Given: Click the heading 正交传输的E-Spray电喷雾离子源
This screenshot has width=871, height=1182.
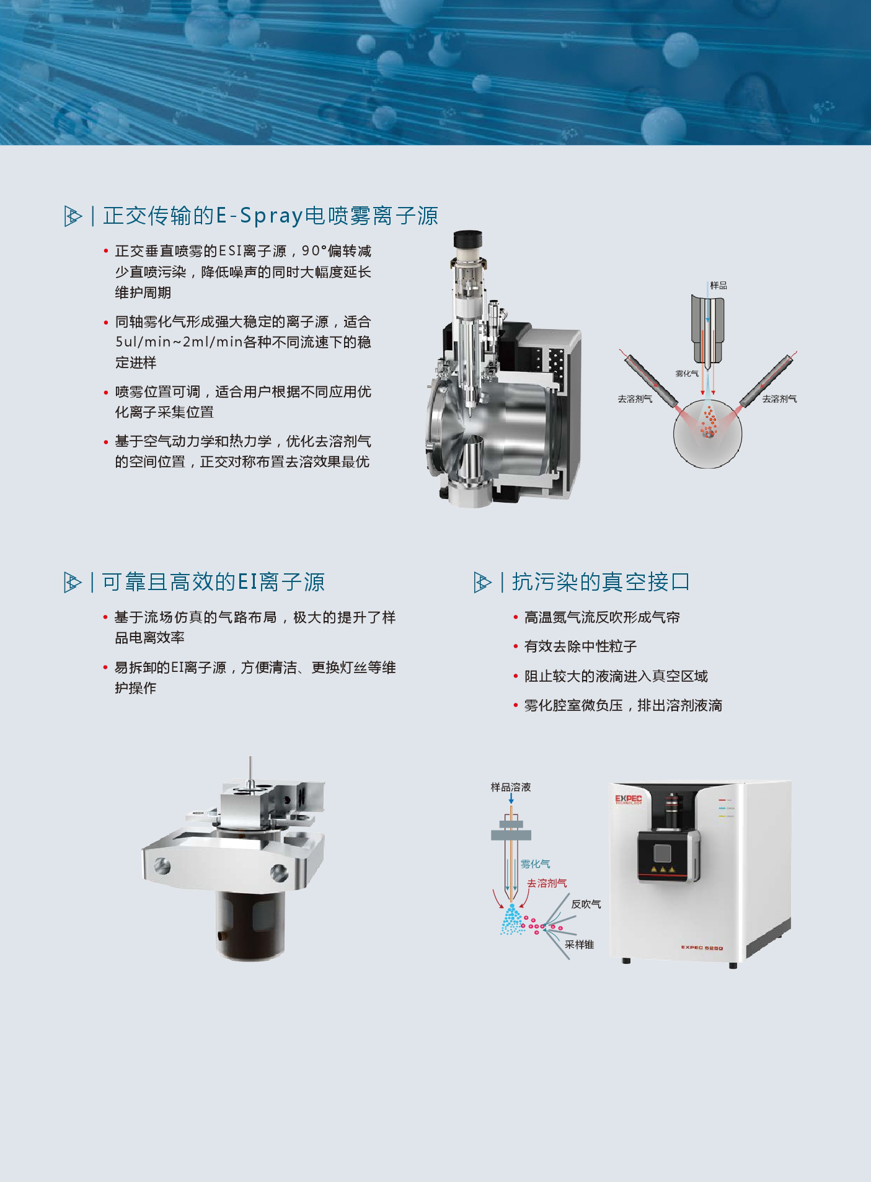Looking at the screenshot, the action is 270,216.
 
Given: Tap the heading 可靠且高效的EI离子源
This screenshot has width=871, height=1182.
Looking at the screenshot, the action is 213,582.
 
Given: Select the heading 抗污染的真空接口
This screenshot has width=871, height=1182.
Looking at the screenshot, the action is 601,582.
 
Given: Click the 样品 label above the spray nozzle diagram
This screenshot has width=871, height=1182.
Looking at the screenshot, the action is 718,286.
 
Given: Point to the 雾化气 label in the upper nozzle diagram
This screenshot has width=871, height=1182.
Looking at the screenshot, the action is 687,373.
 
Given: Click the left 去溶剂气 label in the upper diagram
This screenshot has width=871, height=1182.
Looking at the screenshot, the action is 635,399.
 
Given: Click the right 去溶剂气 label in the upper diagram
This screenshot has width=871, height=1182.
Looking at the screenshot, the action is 779,399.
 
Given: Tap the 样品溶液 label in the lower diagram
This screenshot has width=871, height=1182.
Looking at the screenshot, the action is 511,787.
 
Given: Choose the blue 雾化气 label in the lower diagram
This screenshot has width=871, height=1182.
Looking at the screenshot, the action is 535,863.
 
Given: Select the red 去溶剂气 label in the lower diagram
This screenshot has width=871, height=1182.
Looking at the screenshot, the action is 547,883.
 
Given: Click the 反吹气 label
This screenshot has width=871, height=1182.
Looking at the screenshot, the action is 586,904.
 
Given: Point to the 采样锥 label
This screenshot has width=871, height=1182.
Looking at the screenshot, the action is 579,945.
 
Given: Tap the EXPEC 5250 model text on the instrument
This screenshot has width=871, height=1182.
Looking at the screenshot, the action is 702,948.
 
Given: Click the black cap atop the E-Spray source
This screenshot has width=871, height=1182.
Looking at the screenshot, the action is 469,238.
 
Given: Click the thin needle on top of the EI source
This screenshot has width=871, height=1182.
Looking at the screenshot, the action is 250,771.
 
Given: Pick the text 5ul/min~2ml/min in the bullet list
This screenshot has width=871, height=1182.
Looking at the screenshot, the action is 179,342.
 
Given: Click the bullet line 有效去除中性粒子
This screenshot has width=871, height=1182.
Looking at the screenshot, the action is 580,646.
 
